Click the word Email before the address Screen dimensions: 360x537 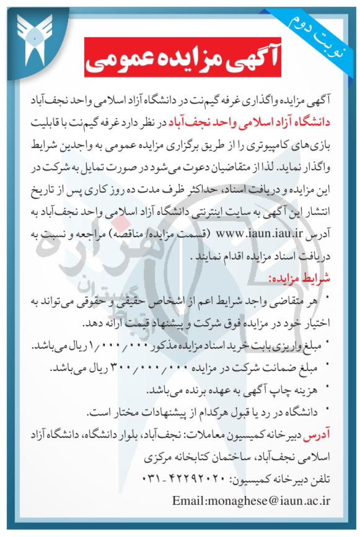coord(188,500)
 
